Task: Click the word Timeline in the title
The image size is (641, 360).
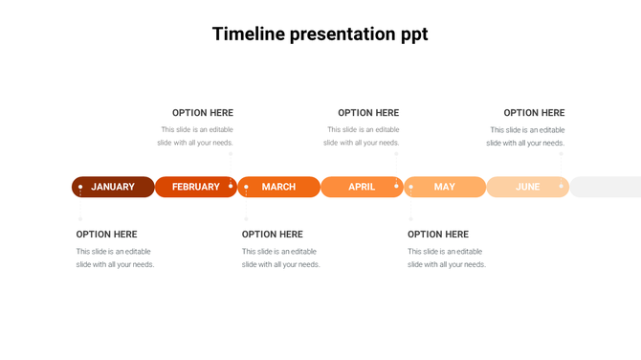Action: pyautogui.click(x=248, y=34)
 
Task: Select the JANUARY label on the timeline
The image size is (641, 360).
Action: pyautogui.click(x=113, y=187)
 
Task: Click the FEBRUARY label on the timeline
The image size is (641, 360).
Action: pyautogui.click(x=196, y=187)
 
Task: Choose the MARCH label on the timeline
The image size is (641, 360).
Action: pyautogui.click(x=278, y=187)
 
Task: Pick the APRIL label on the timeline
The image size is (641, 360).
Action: pyautogui.click(x=362, y=187)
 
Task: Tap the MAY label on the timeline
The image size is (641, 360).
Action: pyautogui.click(x=445, y=187)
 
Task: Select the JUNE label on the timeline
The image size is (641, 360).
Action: pyautogui.click(x=528, y=187)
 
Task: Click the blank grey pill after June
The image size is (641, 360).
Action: pyautogui.click(x=606, y=187)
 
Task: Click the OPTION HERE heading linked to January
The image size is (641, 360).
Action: pyautogui.click(x=107, y=235)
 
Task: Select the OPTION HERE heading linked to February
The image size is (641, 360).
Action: pyautogui.click(x=203, y=113)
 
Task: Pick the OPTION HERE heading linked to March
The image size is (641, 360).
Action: pyautogui.click(x=273, y=235)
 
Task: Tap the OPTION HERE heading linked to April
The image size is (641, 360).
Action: pyautogui.click(x=368, y=113)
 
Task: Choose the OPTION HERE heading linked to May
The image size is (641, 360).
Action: pyautogui.click(x=438, y=235)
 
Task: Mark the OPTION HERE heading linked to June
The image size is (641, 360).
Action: pyautogui.click(x=534, y=113)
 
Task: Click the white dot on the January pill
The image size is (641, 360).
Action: pyautogui.click(x=80, y=187)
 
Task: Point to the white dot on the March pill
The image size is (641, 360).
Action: pyautogui.click(x=246, y=187)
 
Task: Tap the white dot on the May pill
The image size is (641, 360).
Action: pyautogui.click(x=411, y=187)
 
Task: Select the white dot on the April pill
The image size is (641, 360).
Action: pyautogui.click(x=396, y=186)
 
